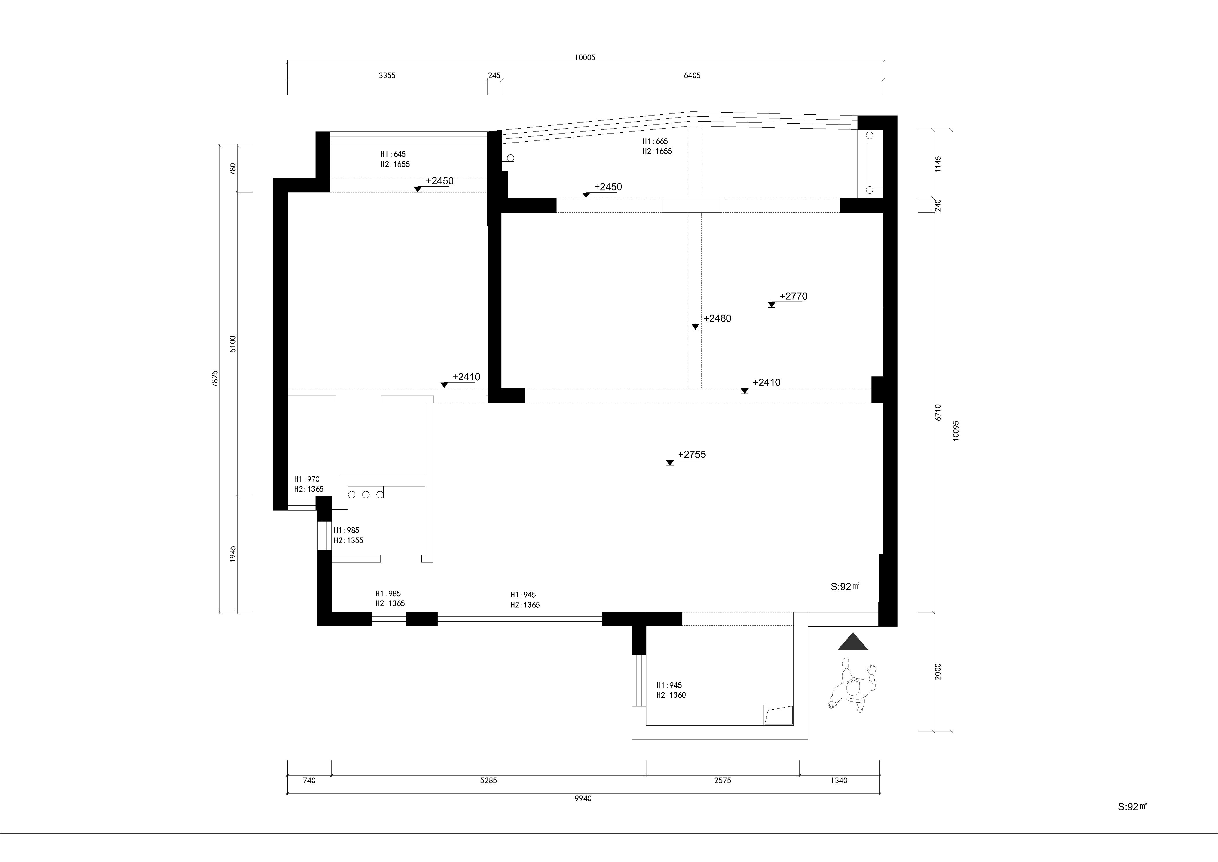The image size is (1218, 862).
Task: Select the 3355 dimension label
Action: [387, 75]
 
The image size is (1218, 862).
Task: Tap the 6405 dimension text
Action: [692, 75]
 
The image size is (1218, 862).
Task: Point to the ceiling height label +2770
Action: [793, 296]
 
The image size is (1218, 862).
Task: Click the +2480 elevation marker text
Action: [717, 318]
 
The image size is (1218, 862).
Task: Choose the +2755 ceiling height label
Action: [692, 454]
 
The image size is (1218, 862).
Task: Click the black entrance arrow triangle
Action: [853, 642]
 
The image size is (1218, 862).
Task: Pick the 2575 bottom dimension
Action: [722, 780]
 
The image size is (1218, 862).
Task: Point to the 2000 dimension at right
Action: [938, 671]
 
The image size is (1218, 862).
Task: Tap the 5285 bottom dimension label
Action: [488, 780]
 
